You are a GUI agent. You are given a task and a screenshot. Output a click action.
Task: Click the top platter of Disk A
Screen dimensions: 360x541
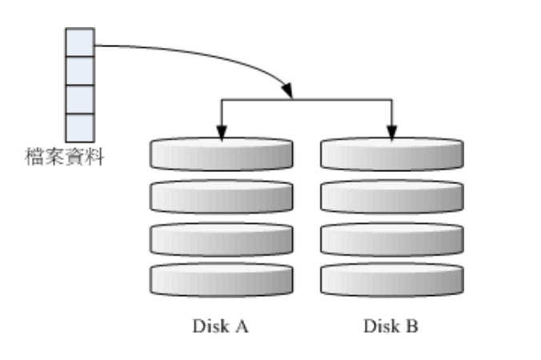point(221,154)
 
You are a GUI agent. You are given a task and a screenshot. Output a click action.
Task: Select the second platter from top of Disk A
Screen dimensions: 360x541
point(221,196)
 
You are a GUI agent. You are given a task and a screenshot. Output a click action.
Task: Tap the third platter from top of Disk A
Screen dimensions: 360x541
point(221,238)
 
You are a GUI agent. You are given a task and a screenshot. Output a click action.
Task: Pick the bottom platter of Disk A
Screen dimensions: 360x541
point(221,279)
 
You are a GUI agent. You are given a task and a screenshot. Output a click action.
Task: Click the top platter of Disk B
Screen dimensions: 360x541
point(391,154)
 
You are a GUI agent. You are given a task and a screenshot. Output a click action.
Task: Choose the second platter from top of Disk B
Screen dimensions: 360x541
point(391,196)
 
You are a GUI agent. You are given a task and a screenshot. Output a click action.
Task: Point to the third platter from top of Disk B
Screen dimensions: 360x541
point(391,238)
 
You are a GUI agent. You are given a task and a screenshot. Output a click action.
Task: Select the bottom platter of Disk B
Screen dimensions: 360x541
point(391,279)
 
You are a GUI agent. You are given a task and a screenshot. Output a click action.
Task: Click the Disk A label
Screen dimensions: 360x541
point(221,326)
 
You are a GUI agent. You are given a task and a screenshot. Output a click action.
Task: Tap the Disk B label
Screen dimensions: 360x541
point(391,326)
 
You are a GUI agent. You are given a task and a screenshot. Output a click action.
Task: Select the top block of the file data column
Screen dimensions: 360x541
point(79,42)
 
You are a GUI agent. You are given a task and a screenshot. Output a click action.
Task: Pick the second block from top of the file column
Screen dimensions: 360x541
point(79,70)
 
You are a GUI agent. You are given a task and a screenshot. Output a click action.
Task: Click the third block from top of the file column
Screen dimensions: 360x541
point(79,99)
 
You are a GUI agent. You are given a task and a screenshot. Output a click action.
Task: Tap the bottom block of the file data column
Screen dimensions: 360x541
point(79,127)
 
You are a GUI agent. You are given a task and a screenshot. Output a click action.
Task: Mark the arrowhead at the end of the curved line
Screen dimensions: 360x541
point(287,92)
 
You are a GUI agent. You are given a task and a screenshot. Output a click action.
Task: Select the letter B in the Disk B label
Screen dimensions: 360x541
point(413,326)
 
